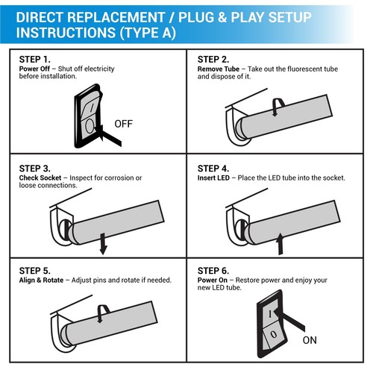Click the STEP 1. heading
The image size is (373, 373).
(35, 59)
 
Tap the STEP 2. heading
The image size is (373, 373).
(213, 59)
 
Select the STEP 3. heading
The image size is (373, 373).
(35, 169)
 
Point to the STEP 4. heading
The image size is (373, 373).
(213, 169)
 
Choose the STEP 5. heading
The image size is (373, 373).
(35, 270)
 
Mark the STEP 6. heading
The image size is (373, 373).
(213, 270)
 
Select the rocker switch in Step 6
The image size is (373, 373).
(272, 322)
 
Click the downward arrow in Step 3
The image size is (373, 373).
(102, 242)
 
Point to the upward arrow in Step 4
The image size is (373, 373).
(280, 242)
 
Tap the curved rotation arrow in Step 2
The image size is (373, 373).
(277, 107)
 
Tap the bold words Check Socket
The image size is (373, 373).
(40, 178)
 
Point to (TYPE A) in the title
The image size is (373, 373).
(146, 34)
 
